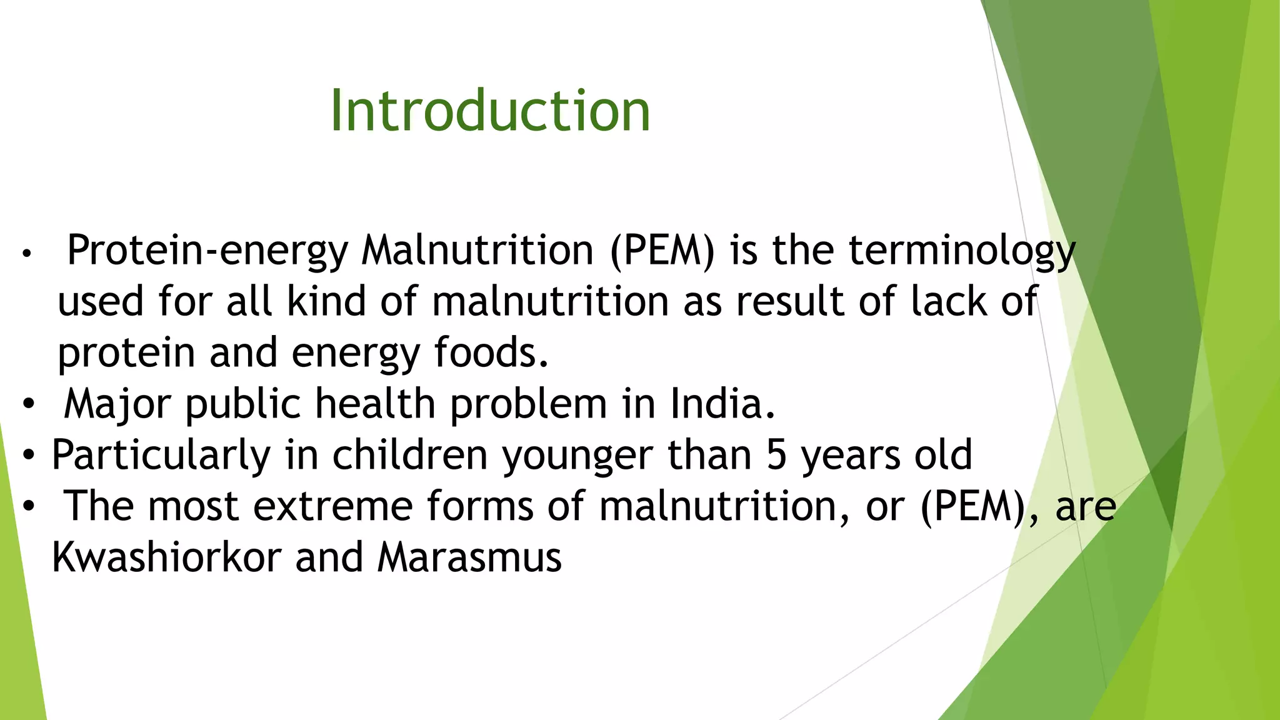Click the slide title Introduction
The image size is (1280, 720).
[x=490, y=111]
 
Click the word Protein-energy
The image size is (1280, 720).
[x=207, y=251]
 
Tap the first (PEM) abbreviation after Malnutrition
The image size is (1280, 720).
[x=662, y=251]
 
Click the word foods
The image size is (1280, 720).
[x=491, y=352]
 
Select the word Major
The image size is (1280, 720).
[x=117, y=404]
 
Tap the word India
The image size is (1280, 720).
[x=722, y=404]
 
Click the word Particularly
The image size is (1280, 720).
[x=161, y=455]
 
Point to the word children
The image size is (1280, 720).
[x=409, y=455]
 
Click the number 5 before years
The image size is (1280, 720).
[x=776, y=455]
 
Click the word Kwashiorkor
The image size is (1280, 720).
[x=166, y=557]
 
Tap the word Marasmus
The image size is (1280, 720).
[x=469, y=557]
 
